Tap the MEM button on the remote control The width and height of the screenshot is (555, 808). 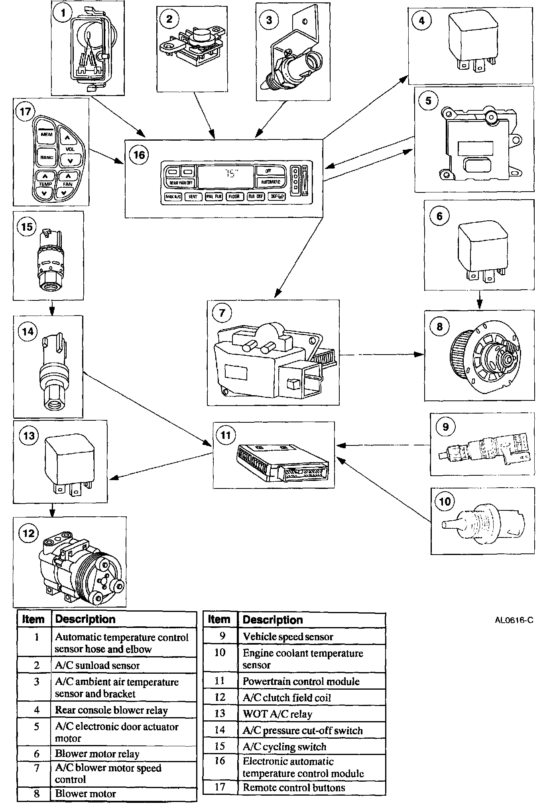pyautogui.click(x=47, y=135)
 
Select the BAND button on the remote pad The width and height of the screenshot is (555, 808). pyautogui.click(x=47, y=157)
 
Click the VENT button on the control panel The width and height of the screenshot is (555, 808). pyautogui.click(x=193, y=196)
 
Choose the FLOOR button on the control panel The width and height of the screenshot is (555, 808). pyautogui.click(x=234, y=196)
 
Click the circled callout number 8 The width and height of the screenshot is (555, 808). pyautogui.click(x=439, y=327)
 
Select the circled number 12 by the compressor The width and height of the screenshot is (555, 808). pyautogui.click(x=29, y=533)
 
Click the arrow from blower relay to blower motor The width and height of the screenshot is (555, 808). pyautogui.click(x=480, y=300)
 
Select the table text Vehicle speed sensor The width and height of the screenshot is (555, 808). pyautogui.click(x=288, y=637)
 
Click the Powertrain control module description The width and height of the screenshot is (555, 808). pyautogui.click(x=301, y=682)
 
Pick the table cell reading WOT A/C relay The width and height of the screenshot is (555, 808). pyautogui.click(x=277, y=714)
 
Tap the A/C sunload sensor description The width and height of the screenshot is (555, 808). pyautogui.click(x=97, y=665)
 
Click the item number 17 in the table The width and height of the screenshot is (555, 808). pyautogui.click(x=220, y=787)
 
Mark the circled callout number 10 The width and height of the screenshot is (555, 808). pyautogui.click(x=445, y=501)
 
